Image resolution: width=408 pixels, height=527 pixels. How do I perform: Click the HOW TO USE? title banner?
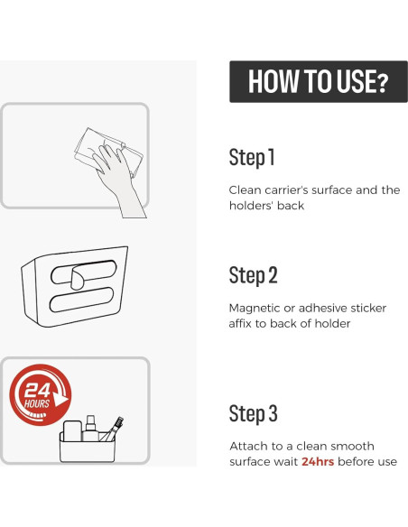(319, 81)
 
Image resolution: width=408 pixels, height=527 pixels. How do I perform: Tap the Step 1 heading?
(252, 157)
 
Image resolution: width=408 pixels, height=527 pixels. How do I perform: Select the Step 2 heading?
(254, 275)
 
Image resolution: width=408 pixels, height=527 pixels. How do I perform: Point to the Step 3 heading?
(254, 413)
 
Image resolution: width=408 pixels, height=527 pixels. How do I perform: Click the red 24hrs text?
(318, 461)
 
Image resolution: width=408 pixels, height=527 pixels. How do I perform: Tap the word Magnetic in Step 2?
(254, 309)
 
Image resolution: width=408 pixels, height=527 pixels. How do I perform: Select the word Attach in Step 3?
(249, 446)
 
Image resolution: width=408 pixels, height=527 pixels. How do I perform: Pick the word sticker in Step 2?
(368, 308)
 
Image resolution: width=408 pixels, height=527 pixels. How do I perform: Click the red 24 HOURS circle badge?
(40, 395)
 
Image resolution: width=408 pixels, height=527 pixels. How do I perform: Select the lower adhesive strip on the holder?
(81, 300)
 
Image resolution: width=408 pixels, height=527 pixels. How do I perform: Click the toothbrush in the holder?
(113, 429)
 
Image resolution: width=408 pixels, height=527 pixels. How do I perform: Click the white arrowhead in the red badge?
(60, 399)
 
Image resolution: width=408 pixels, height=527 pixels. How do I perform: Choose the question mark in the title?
(382, 83)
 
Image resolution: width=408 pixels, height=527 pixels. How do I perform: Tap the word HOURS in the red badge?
(37, 403)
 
